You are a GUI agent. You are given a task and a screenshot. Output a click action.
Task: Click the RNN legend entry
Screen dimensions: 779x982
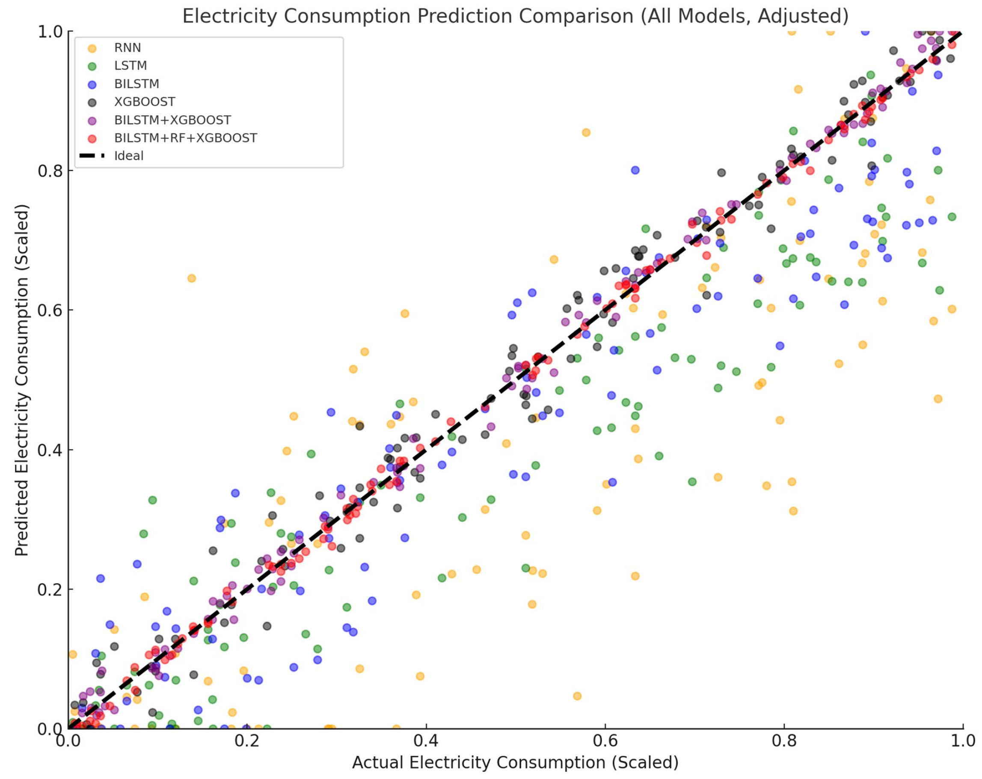pyautogui.click(x=127, y=48)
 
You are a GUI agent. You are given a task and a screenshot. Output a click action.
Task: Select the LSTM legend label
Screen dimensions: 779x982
pyautogui.click(x=130, y=66)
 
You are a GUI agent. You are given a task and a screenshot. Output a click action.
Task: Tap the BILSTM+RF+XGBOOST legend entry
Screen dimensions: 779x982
pyautogui.click(x=185, y=138)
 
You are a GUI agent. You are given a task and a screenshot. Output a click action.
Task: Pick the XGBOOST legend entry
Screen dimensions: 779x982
pyautogui.click(x=144, y=101)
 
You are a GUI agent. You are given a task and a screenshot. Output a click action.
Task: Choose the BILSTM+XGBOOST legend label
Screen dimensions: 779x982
pyautogui.click(x=172, y=120)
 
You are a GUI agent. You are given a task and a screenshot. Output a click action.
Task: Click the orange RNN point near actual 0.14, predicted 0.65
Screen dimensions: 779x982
pyautogui.click(x=192, y=278)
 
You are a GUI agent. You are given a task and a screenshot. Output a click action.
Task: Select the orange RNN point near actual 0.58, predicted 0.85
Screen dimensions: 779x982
pyautogui.click(x=586, y=133)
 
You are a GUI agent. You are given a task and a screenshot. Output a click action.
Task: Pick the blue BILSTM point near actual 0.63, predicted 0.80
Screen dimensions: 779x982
pyautogui.click(x=635, y=170)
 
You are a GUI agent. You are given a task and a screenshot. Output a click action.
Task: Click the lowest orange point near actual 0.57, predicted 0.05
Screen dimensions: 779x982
pyautogui.click(x=577, y=696)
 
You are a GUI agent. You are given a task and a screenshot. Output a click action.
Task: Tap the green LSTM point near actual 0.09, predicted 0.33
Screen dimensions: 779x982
pyautogui.click(x=153, y=500)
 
